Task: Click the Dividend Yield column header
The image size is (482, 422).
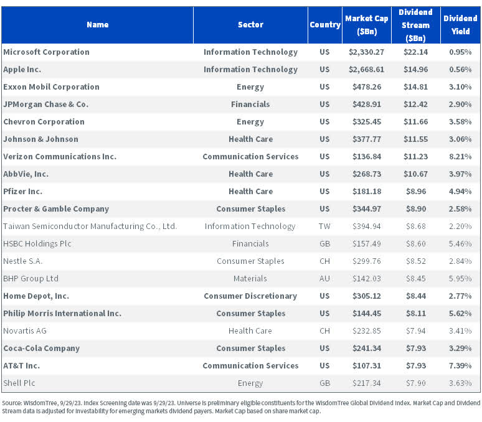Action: [x=460, y=25]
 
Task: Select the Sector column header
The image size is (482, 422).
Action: [x=250, y=25]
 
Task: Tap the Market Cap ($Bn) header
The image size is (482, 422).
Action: [x=367, y=25]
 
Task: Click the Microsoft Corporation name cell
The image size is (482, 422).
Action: [x=47, y=52]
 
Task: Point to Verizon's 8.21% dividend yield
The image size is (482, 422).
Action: [x=460, y=157]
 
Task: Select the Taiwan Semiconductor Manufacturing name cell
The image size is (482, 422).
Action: [x=90, y=227]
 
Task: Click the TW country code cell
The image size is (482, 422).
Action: [x=324, y=227]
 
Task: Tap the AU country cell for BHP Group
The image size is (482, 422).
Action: [x=324, y=279]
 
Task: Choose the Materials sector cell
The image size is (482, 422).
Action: [x=250, y=279]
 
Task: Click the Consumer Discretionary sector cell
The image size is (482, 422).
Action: [x=250, y=296]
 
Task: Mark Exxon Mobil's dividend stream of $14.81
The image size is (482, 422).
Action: [x=415, y=87]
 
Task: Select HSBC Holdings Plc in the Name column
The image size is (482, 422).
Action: [x=37, y=244]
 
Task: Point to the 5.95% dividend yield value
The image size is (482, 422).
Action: [x=460, y=279]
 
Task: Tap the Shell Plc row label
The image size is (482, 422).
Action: [x=19, y=383]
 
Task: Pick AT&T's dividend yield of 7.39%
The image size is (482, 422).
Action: [x=460, y=366]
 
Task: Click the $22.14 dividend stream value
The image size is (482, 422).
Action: [x=415, y=52]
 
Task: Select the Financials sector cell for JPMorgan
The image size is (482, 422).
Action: [x=250, y=105]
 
